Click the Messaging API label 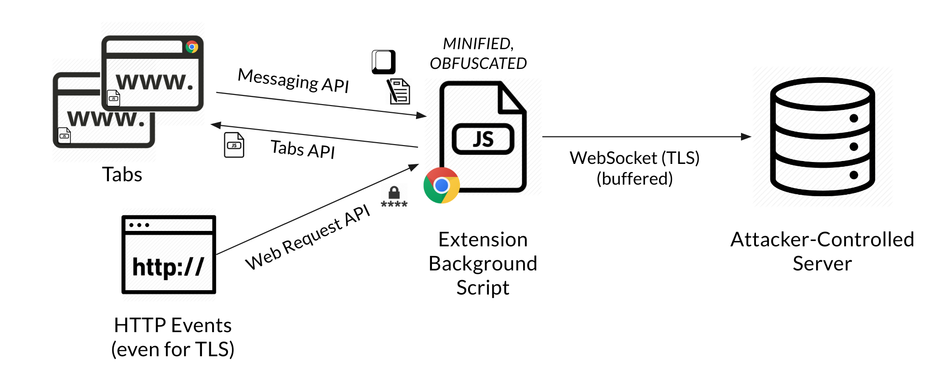294,80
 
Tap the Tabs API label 303,148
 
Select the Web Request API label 308,237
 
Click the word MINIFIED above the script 478,44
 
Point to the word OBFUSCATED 478,64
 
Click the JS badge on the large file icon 483,139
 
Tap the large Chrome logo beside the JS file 442,186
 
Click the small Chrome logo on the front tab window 192,47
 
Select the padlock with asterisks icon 394,197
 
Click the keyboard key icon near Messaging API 383,62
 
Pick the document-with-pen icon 399,92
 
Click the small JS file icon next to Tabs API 234,145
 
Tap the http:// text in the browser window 168,267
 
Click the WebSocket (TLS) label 634,158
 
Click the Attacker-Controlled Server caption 822,251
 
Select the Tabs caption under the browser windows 122,175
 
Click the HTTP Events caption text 173,325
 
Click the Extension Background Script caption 483,263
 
